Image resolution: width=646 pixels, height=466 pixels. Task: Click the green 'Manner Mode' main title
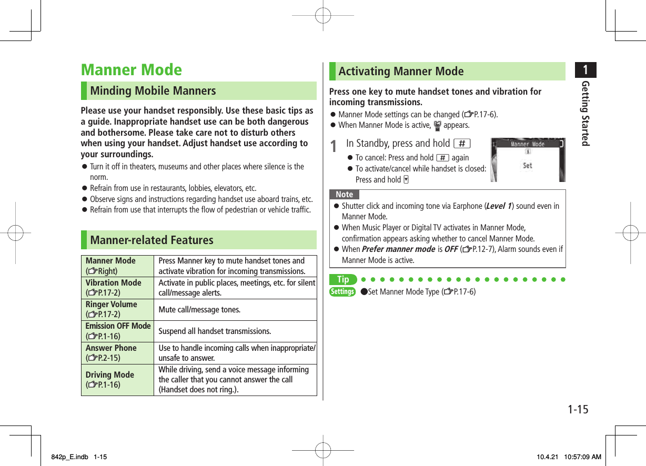click(131, 70)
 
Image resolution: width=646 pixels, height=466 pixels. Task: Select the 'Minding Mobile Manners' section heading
click(153, 90)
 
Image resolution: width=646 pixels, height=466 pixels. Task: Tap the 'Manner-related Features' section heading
click(152, 240)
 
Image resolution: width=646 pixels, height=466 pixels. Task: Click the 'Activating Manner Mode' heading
click(401, 71)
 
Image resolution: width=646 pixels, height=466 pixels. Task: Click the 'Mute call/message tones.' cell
click(199, 310)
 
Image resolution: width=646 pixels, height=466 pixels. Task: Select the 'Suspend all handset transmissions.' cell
click(215, 331)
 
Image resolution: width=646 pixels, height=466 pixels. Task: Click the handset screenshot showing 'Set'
click(528, 160)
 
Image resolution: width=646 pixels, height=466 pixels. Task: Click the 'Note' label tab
click(345, 195)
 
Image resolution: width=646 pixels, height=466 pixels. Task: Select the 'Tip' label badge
click(343, 280)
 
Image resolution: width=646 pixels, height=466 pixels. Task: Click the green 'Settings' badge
click(342, 291)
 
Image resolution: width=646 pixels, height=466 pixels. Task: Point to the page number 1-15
click(577, 409)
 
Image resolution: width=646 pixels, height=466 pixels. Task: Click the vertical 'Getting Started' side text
click(585, 114)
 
